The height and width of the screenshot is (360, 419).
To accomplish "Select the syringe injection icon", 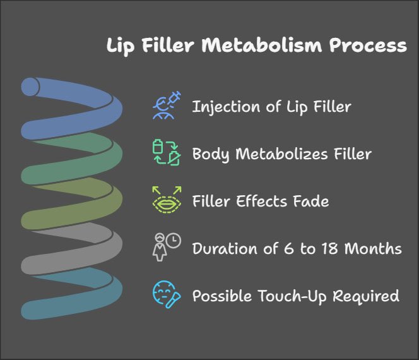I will coord(167,105).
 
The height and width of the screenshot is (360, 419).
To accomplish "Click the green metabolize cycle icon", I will coord(167,153).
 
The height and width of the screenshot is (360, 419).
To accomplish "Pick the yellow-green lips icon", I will coord(167,200).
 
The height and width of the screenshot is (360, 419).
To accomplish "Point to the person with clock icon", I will coord(167,248).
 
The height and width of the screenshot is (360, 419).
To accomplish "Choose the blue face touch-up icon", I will coord(167,294).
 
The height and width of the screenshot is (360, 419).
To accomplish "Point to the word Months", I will coord(377,248).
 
